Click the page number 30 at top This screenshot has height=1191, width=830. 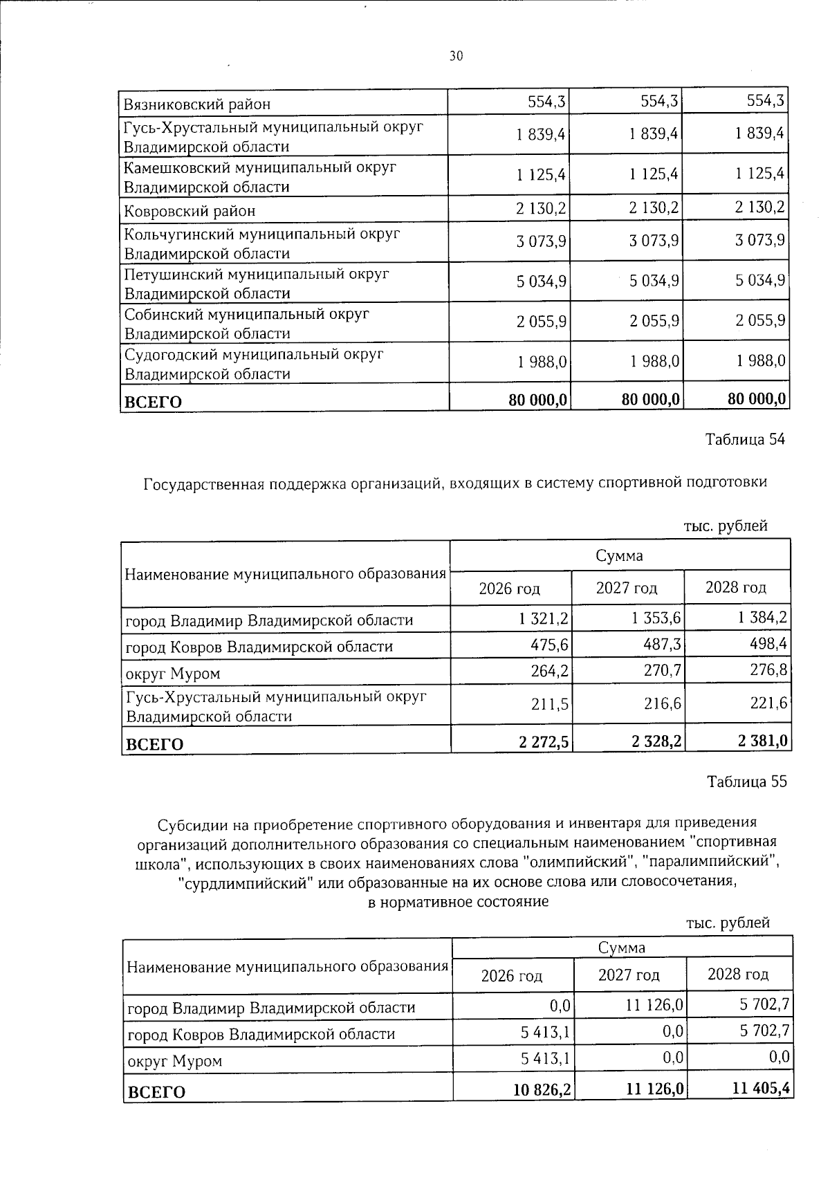click(456, 56)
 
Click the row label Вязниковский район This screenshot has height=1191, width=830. click(196, 104)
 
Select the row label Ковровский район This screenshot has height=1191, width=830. click(190, 211)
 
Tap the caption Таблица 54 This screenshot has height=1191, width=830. click(746, 440)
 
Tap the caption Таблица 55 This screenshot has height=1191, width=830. click(747, 782)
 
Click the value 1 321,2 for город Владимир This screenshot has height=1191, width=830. click(544, 618)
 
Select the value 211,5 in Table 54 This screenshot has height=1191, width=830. click(551, 704)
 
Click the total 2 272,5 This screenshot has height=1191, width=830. click(544, 742)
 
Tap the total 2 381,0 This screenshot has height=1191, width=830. click(762, 742)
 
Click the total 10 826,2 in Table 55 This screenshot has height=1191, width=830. click(542, 1090)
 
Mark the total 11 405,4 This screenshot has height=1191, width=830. click(762, 1090)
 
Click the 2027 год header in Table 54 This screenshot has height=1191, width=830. click(627, 588)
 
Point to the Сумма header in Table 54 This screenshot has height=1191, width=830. click(619, 555)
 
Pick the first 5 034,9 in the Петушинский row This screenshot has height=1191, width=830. click(542, 281)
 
